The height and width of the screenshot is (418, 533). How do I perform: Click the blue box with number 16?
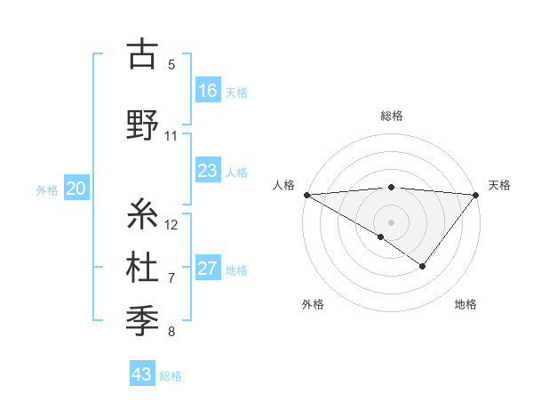tap(208, 90)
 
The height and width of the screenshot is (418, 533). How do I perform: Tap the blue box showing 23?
tap(208, 171)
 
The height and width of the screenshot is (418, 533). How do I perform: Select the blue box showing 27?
tap(208, 269)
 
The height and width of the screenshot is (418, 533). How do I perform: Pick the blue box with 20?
tap(76, 189)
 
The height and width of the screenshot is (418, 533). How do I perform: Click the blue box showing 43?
tap(142, 374)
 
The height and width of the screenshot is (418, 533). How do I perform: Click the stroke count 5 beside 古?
tap(171, 64)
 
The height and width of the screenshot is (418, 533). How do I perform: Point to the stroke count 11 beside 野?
tap(171, 136)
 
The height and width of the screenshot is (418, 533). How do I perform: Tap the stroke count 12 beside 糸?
tap(171, 224)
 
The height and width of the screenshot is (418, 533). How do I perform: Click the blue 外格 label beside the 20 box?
tap(47, 189)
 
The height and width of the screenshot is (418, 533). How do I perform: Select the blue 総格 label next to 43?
tap(171, 376)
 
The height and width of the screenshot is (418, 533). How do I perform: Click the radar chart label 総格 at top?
tap(391, 116)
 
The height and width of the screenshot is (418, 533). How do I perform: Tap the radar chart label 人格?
tap(283, 185)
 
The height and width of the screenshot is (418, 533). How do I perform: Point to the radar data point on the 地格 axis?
tap(423, 266)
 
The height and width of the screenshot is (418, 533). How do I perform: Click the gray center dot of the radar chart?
tap(391, 221)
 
